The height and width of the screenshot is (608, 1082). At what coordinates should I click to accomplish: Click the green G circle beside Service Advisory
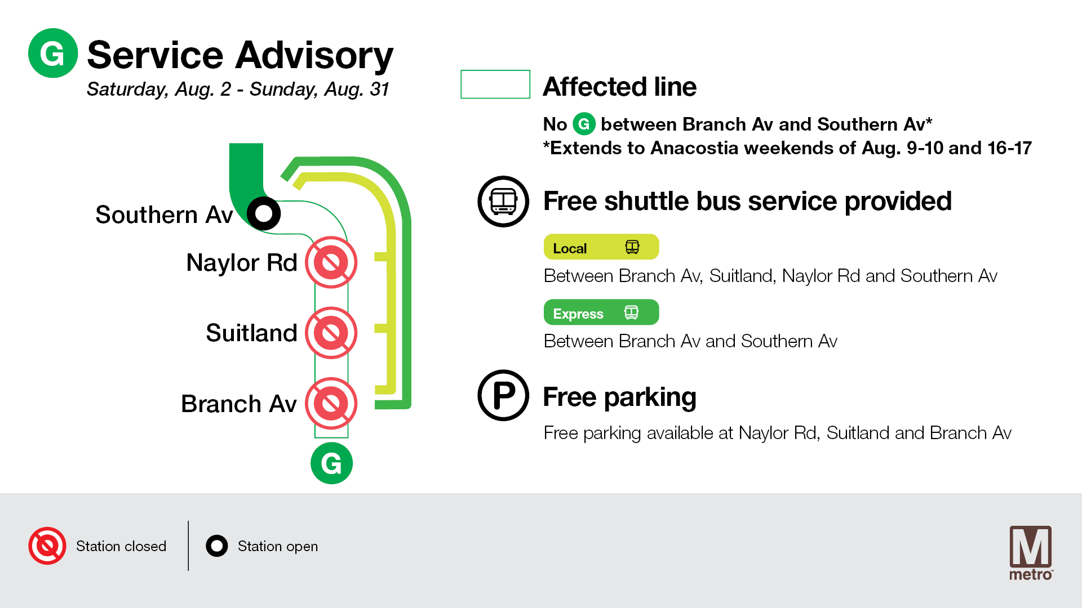[53, 53]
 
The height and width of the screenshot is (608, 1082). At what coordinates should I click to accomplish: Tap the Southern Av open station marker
[264, 213]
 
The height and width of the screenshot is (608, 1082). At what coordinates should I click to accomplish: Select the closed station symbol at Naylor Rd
[331, 262]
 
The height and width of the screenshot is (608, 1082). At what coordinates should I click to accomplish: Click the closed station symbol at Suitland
[331, 333]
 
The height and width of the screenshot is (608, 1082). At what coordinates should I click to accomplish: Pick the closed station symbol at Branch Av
[331, 404]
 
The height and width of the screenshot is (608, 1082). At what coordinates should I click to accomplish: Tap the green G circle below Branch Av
[331, 463]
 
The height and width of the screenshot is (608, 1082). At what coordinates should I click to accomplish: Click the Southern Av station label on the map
[164, 214]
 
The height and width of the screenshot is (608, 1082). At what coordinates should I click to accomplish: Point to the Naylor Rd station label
[242, 262]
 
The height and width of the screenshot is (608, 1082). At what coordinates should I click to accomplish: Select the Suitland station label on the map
[251, 333]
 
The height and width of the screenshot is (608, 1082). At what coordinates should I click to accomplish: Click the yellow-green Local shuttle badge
[601, 247]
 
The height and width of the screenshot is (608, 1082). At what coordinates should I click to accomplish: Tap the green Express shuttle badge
[601, 312]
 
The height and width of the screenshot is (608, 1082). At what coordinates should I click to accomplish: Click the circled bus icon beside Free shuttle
[503, 202]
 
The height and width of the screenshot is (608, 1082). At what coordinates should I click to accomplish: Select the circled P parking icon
[503, 395]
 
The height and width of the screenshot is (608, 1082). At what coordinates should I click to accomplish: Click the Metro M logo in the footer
[1031, 552]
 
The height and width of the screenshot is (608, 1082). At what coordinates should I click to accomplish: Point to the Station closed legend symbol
[47, 546]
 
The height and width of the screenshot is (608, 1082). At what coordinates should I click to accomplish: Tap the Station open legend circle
[217, 546]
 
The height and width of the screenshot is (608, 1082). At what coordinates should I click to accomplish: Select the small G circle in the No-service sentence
[584, 124]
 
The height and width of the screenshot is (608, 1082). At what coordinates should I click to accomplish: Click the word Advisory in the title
[314, 56]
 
